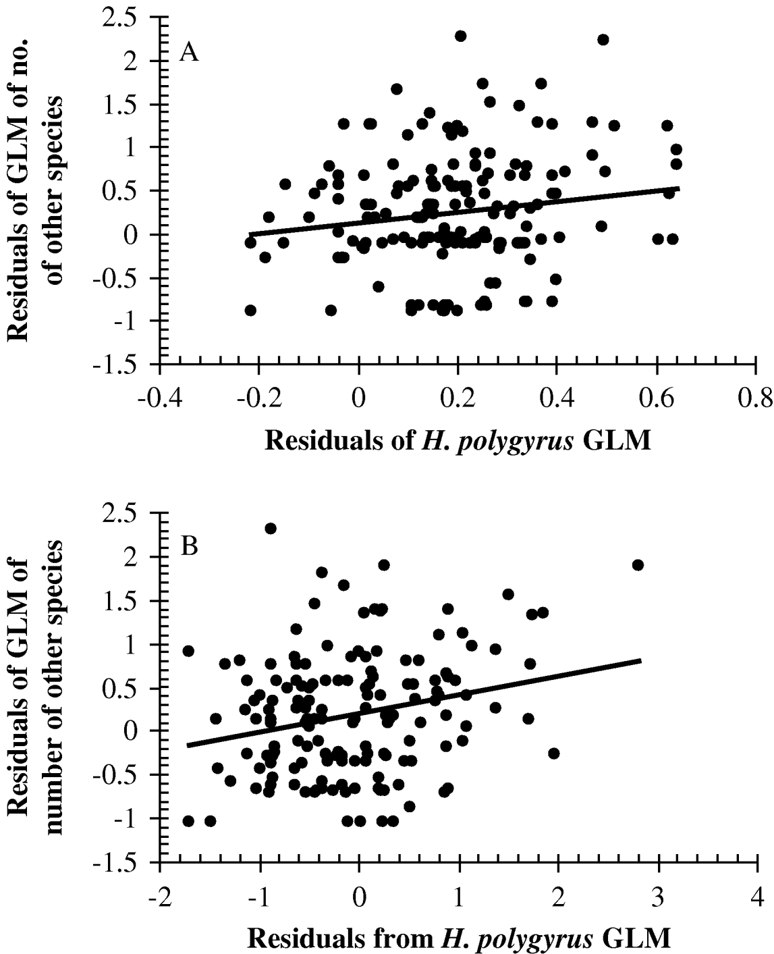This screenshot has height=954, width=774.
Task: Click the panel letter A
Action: tap(188, 52)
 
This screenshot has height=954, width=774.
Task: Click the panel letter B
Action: tap(188, 546)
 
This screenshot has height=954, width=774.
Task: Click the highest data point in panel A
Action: tap(461, 36)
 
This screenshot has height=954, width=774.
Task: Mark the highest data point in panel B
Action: tap(271, 528)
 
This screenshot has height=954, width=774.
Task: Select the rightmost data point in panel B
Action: tap(638, 564)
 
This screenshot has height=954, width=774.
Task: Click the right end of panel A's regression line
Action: tap(678, 188)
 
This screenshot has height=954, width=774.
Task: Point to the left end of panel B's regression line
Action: tap(188, 745)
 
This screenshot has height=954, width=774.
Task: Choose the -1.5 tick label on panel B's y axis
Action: tap(128, 863)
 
